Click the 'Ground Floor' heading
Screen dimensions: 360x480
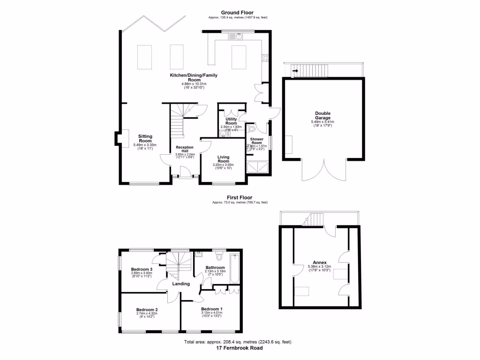238,12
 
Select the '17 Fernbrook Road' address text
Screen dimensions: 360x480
240,348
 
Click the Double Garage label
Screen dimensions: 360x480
322,115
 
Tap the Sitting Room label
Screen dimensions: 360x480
145,138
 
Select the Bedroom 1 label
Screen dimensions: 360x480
211,309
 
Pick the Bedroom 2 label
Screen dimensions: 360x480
147,310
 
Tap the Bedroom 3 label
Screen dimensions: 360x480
141,270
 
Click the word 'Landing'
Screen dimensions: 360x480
181,284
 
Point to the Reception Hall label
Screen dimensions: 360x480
185,149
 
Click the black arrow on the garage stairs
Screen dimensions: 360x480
295,72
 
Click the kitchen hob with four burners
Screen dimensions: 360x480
265,58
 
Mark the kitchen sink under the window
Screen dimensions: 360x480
239,36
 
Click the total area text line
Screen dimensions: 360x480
240,343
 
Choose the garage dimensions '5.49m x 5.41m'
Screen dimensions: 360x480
322,122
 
